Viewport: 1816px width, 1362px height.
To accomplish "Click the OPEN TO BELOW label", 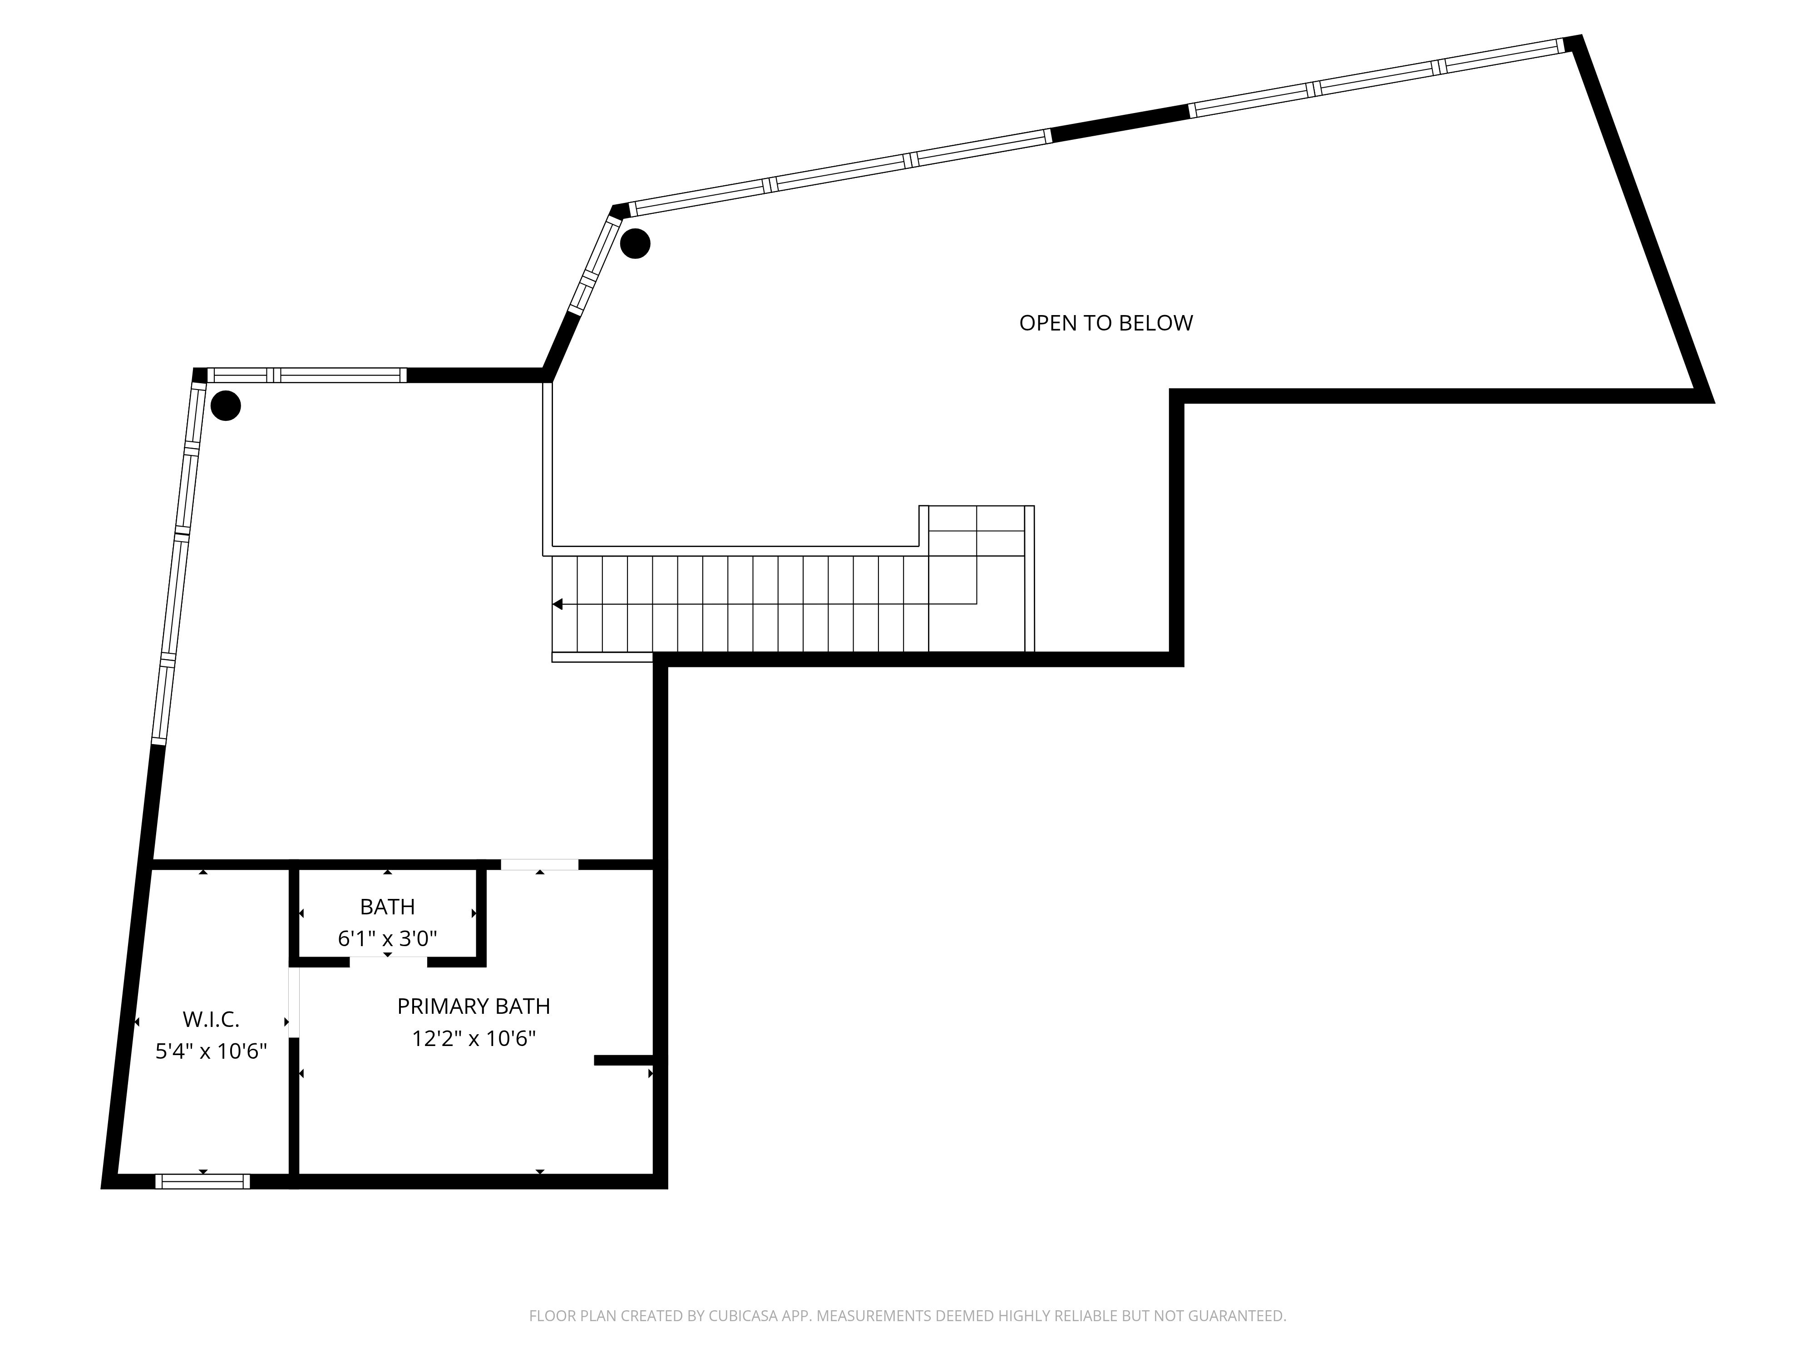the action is pos(1106,323).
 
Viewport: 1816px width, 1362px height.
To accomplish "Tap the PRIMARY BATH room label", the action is pos(474,1007).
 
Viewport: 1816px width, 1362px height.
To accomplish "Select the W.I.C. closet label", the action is pos(211,1020).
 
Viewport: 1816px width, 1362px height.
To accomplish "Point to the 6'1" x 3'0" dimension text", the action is pos(388,938).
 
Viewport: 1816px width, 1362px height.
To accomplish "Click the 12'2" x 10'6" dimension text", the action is pos(474,1039).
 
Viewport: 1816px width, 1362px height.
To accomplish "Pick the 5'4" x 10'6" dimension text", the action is pos(211,1051).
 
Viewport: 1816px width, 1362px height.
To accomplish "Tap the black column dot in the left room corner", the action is pos(226,405).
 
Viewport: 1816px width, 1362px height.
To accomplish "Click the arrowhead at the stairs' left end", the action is pos(558,604).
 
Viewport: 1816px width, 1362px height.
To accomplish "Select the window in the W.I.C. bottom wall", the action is pos(203,1181).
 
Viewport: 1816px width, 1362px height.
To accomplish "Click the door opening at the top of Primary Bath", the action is pos(539,864).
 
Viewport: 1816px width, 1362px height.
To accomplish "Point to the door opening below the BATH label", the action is pos(388,962).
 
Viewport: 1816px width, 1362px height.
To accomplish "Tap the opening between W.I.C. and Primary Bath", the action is pos(294,1003).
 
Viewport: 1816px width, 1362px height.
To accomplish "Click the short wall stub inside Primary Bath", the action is pos(625,1061).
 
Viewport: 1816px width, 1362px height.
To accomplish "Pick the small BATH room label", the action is pos(388,907).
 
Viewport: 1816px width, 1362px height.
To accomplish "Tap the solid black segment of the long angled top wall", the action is pos(1120,123).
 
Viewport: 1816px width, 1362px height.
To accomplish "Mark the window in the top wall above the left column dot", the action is pos(307,375).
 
